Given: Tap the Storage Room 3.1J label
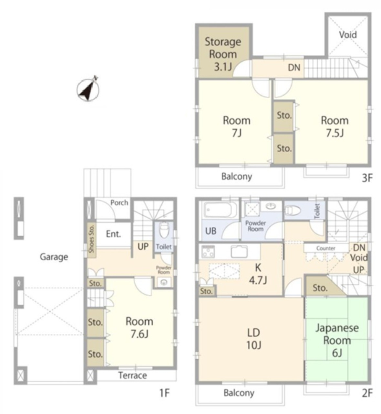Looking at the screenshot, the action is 223,54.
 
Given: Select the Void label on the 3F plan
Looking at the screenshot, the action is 348,35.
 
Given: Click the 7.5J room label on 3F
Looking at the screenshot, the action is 335,127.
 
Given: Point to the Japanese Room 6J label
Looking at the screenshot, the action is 337,340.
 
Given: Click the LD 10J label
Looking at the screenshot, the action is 254,339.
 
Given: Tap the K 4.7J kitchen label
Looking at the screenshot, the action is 258,274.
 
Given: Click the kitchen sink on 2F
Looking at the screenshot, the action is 239,251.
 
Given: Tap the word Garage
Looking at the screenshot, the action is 54,257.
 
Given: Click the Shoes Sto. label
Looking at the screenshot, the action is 91,239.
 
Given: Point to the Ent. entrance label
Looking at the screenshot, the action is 113,234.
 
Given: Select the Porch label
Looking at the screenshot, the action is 119,202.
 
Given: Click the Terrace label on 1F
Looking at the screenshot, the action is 133,376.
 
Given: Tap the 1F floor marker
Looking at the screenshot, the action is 164,393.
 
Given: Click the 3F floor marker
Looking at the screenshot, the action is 367,178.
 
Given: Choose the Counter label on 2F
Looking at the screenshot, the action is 326,248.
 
